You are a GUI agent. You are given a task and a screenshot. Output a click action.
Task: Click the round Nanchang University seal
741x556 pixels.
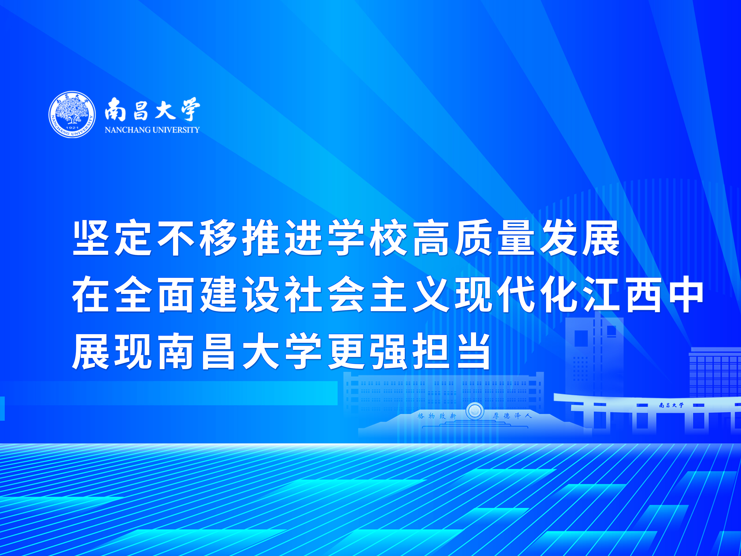click(72, 114)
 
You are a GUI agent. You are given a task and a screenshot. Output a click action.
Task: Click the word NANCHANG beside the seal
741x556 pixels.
click(124, 130)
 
